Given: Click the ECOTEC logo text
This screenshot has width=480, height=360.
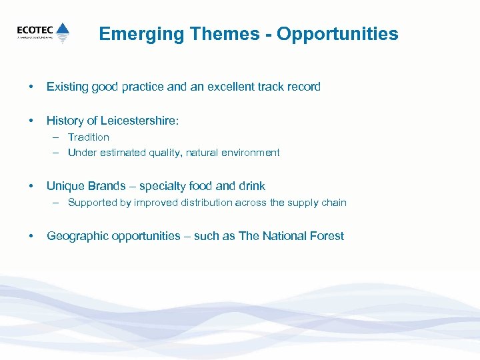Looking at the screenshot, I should [35, 29].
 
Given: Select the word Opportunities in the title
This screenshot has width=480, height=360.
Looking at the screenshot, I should [337, 34].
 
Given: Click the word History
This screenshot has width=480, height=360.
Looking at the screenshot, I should [65, 121].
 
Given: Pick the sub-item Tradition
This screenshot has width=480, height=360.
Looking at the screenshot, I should [89, 137].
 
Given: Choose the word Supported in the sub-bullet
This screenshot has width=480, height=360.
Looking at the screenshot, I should [91, 203].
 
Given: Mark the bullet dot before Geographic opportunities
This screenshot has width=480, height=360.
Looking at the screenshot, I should [30, 236].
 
